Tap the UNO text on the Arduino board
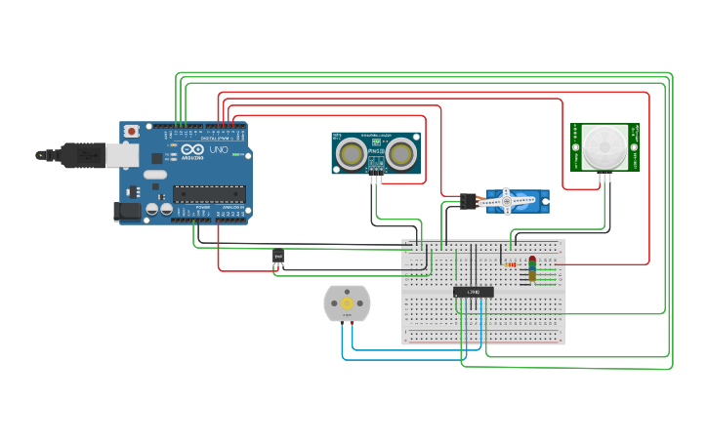tap(220, 151)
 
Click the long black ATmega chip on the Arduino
tap(209, 194)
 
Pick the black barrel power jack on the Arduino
tap(128, 210)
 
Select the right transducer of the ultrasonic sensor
tap(399, 153)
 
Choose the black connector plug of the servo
tap(469, 202)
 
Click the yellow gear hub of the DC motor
tap(347, 303)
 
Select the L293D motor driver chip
tap(473, 292)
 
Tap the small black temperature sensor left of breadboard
tap(278, 257)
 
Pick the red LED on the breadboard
tap(532, 261)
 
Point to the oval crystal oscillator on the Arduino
tap(155, 175)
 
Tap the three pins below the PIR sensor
tap(605, 178)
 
